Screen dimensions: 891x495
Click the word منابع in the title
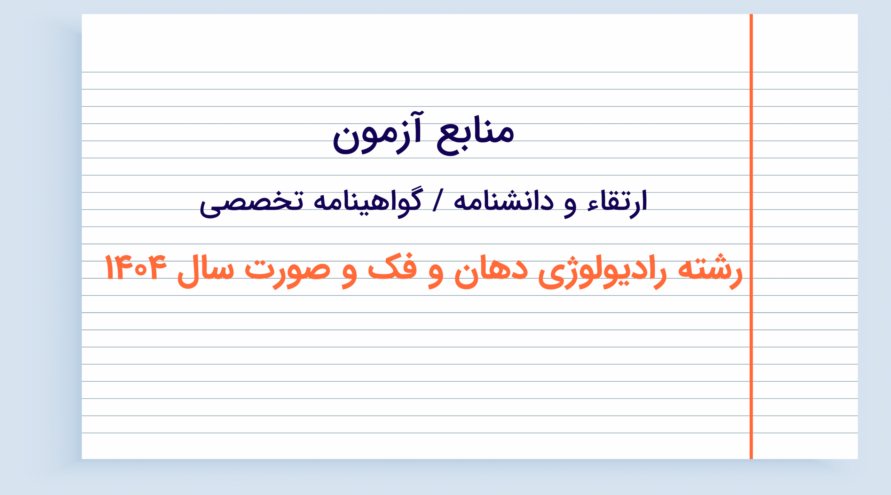[x=475, y=135]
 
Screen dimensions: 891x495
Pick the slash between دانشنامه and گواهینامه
[x=438, y=200]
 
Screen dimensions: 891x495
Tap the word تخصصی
[x=252, y=204]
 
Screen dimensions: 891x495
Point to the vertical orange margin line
[x=751, y=236]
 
